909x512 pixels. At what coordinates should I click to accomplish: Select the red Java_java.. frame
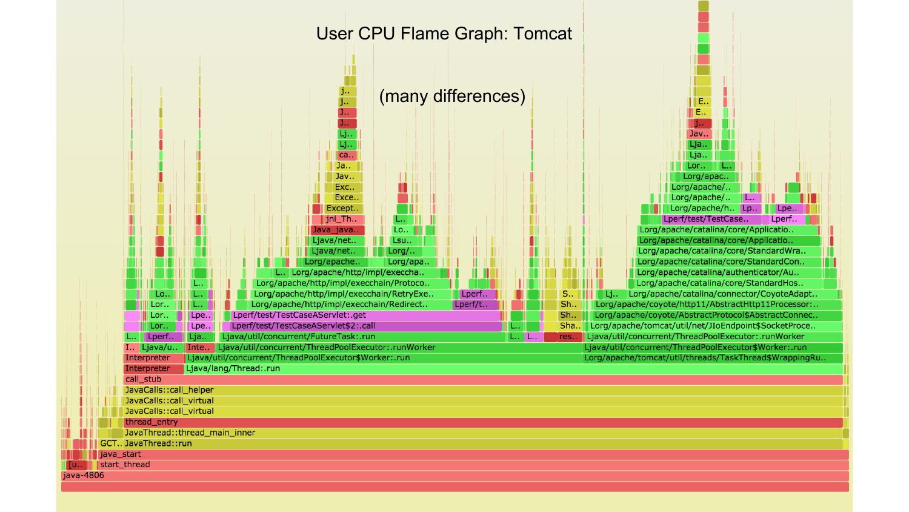tap(338, 230)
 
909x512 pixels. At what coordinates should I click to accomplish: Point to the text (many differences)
tap(452, 96)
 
